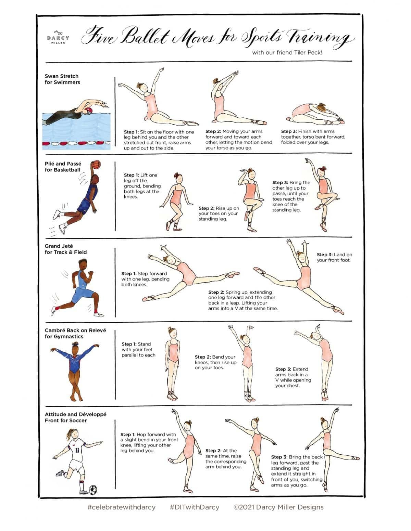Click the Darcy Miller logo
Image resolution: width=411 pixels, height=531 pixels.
tap(58, 37)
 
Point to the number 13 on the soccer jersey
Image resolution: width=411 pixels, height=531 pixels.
tap(77, 450)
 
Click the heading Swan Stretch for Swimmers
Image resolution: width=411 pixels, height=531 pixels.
tap(62, 79)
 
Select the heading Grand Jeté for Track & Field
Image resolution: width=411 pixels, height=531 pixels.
tap(65, 249)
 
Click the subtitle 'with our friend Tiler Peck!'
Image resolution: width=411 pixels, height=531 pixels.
tap(287, 53)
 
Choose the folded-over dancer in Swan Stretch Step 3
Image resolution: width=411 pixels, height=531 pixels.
tap(315, 114)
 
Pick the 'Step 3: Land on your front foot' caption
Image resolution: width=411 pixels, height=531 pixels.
tap(334, 257)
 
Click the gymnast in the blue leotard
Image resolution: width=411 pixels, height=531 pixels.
tap(74, 371)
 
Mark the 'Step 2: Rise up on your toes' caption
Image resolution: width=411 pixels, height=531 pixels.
tap(219, 213)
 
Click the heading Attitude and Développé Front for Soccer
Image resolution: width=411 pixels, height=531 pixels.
tap(76, 417)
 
